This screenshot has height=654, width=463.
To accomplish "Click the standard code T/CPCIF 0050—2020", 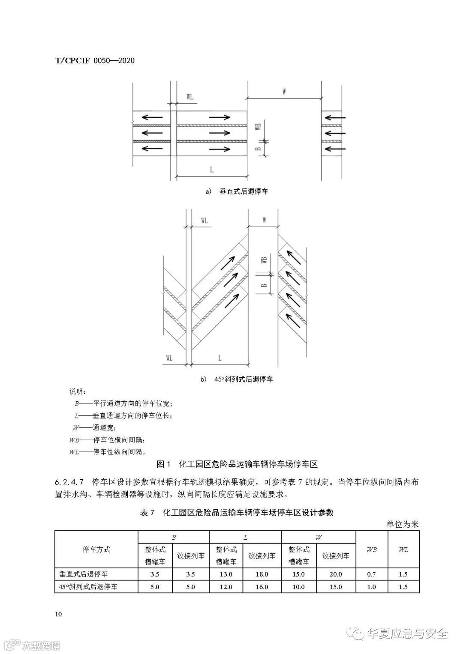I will click(95, 61).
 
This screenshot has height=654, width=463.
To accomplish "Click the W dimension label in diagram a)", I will click(284, 92).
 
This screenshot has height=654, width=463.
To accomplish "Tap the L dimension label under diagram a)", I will click(212, 170).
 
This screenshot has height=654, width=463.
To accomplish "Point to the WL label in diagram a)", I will click(190, 97).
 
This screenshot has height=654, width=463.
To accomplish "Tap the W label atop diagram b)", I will click(264, 220).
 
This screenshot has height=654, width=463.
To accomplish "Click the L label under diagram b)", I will click(219, 358).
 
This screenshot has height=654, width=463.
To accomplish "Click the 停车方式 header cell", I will click(96, 549).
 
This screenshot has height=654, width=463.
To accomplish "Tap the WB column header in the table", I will click(372, 549).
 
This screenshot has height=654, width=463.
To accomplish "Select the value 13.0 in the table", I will click(226, 574).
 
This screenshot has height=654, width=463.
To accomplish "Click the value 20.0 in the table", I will click(336, 574).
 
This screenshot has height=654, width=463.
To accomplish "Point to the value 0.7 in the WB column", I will click(372, 574).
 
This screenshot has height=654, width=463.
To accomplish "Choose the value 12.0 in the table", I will click(226, 587).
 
